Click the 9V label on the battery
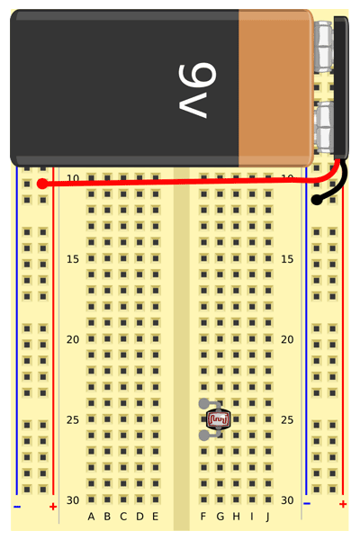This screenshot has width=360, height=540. (x=197, y=91)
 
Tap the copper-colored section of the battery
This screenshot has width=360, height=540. (x=276, y=88)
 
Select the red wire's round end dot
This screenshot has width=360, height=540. (x=42, y=184)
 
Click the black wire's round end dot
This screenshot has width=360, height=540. (x=317, y=200)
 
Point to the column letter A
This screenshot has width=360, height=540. (x=91, y=517)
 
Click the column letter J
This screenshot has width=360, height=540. (x=267, y=517)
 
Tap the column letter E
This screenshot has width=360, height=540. (x=156, y=517)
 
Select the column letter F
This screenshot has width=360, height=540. (x=203, y=517)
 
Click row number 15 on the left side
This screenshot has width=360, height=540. (x=73, y=259)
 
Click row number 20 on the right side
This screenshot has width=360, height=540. (x=287, y=339)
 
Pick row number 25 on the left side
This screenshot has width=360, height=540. (x=73, y=419)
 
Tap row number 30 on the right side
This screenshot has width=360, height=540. (x=287, y=500)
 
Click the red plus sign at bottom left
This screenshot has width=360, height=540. (x=53, y=507)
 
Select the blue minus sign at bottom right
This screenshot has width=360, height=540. (x=307, y=504)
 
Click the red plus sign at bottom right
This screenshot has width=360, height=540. (x=343, y=504)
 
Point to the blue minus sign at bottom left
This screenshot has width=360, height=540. (x=17, y=507)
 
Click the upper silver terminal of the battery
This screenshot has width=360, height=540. (x=324, y=47)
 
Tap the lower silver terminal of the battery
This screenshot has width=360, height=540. (x=324, y=127)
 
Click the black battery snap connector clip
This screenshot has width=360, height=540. (x=341, y=88)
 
